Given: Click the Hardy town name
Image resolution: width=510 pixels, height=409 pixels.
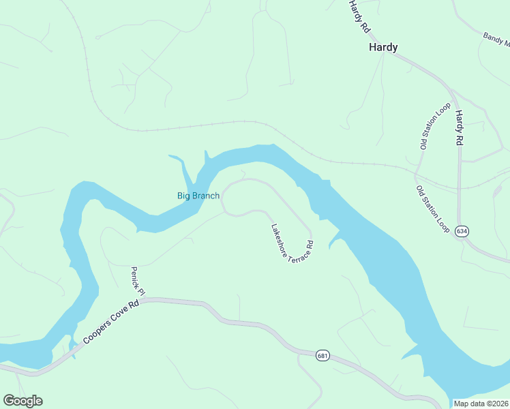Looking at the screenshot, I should [383, 47].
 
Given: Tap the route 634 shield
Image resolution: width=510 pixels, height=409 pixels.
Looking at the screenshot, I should [462, 231].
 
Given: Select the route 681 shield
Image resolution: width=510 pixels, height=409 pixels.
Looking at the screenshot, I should [323, 354].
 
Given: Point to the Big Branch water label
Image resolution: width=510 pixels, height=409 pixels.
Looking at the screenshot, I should [198, 196].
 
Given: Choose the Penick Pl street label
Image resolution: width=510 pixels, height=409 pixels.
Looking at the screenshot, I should [138, 281].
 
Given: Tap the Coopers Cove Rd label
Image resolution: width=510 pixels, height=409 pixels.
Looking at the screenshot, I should [110, 323].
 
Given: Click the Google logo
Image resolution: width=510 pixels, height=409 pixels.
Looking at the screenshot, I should [22, 401].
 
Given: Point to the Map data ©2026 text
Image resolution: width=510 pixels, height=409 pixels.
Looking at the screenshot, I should [481, 404].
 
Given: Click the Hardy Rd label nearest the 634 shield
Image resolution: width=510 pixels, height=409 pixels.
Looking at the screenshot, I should [460, 127].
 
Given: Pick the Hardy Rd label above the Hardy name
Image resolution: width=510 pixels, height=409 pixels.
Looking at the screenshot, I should [359, 17].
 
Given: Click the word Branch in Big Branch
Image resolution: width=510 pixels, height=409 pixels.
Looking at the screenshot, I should [206, 196].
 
